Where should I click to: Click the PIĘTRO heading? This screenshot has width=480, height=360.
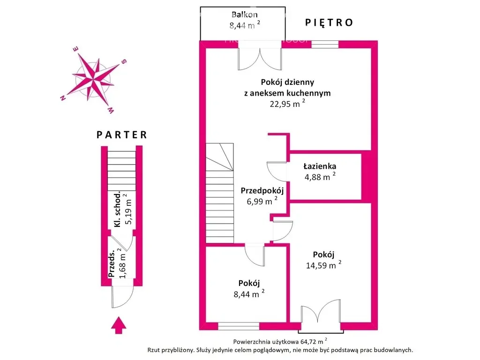point(329,22)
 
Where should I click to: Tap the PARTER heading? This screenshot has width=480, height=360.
point(122,135)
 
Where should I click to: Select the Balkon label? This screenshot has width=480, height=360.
point(245,15)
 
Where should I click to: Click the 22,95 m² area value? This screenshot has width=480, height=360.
point(287,103)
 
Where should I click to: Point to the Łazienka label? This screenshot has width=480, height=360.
point(320,166)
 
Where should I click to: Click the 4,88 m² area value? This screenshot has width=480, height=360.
point(320,176)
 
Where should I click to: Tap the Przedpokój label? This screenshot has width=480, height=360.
point(262,191)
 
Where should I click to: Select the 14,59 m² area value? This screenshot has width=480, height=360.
point(323,264)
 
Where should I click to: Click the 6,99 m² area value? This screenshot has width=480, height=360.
point(262,201)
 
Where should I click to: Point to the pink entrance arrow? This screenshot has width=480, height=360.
point(119,325)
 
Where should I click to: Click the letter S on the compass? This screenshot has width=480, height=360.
point(124,61)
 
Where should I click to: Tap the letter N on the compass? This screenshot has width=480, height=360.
point(63,98)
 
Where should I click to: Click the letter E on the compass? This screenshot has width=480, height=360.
point(75,49)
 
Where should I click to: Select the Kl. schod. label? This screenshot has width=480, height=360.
point(117,210)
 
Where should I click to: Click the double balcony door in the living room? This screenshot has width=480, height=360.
point(260,59)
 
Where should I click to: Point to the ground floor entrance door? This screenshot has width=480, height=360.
point(122,297)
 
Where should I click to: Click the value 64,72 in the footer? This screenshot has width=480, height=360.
point(308,341)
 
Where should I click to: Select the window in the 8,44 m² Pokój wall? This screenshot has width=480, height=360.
point(239,326)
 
